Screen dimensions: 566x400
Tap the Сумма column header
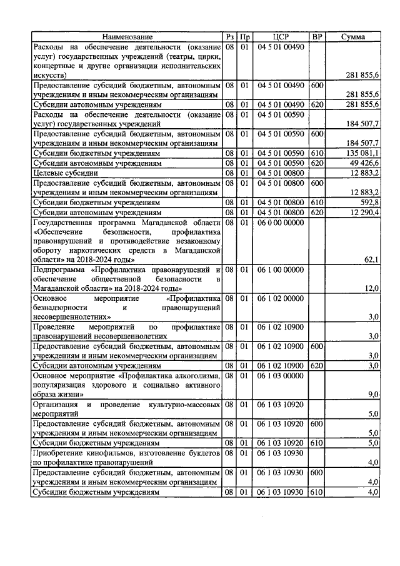(x=353, y=38)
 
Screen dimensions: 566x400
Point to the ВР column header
(x=317, y=38)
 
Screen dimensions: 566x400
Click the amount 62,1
(x=371, y=260)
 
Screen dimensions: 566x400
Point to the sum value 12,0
(x=371, y=288)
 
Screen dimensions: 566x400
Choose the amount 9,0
(x=373, y=395)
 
